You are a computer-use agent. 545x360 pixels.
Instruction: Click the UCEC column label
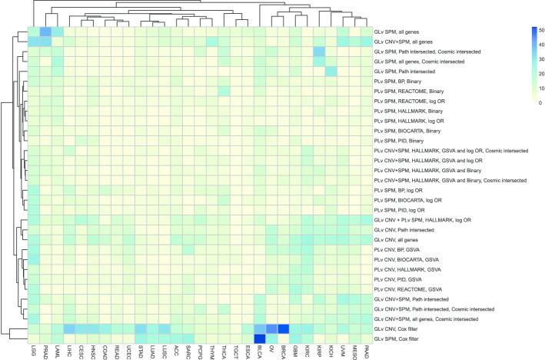click(128, 352)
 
